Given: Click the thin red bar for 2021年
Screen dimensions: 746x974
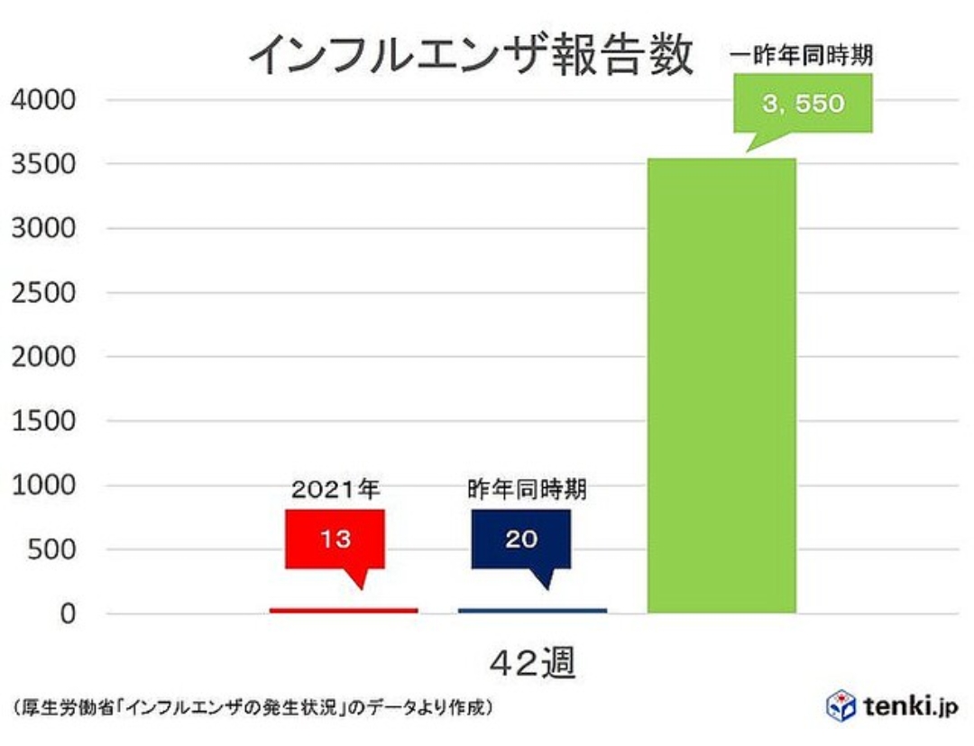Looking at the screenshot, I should [344, 611].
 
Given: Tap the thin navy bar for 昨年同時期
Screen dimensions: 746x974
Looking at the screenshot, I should [532, 611].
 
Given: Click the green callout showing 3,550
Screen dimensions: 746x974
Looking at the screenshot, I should [803, 104].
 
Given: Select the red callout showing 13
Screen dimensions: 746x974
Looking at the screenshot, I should [335, 539].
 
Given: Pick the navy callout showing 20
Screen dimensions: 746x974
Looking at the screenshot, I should [520, 539].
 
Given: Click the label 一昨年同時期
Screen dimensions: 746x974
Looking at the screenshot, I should [802, 57].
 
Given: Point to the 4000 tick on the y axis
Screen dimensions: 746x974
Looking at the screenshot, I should [44, 99].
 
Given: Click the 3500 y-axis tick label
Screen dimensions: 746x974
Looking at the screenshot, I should [44, 163].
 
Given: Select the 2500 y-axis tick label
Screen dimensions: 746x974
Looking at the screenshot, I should [44, 292].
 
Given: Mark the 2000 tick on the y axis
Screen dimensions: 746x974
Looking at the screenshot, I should [44, 356].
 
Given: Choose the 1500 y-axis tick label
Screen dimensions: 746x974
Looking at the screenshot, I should [44, 420].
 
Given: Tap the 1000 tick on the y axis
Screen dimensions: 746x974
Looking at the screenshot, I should [44, 485].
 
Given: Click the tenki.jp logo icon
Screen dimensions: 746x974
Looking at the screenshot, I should [841, 706].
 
